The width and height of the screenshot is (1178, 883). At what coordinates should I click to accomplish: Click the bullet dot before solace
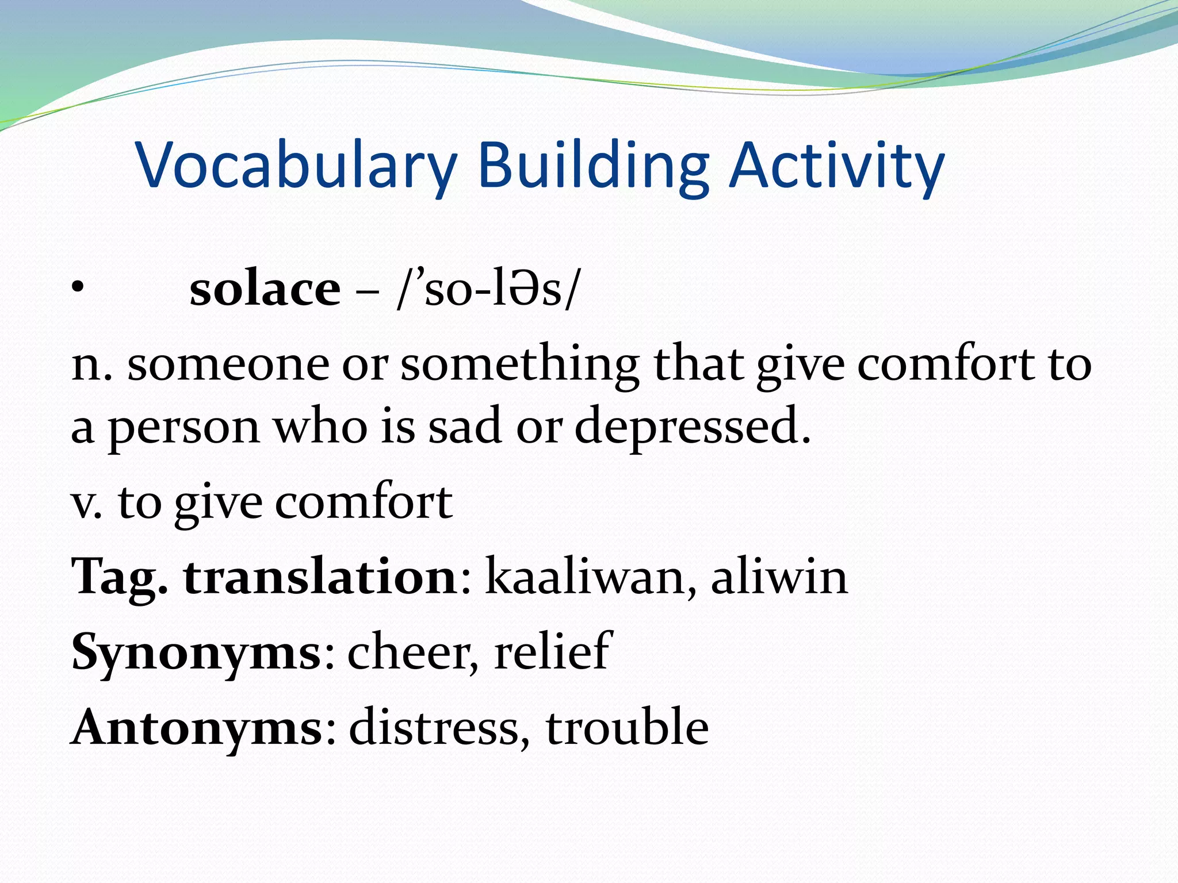[x=78, y=287]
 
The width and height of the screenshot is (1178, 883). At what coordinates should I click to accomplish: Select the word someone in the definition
[x=228, y=365]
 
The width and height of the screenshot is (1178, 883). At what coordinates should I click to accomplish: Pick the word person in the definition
[x=183, y=429]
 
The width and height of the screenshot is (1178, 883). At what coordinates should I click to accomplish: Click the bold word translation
[x=320, y=577]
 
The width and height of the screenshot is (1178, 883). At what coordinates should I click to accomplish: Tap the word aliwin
[x=779, y=577]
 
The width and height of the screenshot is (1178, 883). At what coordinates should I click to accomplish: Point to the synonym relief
[x=552, y=651]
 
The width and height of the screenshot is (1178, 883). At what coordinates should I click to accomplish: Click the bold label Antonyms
[x=197, y=727]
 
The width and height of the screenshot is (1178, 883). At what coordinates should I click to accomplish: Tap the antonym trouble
[x=627, y=727]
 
